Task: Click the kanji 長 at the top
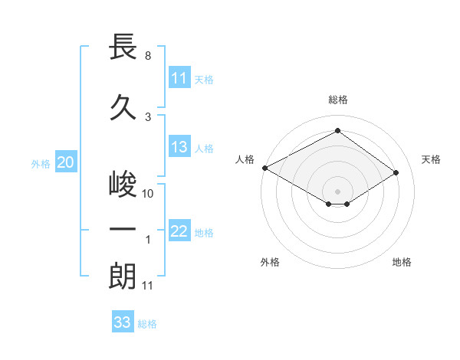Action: pyautogui.click(x=123, y=47)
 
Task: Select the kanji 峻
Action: pyautogui.click(x=123, y=185)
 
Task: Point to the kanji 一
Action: pyautogui.click(x=123, y=229)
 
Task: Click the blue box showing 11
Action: pyautogui.click(x=179, y=78)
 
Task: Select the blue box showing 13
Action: pyautogui.click(x=179, y=148)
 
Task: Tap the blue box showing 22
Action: pyautogui.click(x=179, y=232)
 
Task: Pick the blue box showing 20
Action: pyautogui.click(x=66, y=162)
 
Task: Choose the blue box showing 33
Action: pyautogui.click(x=123, y=322)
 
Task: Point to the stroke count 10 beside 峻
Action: pyautogui.click(x=148, y=194)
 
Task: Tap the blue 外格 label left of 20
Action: pyautogui.click(x=41, y=163)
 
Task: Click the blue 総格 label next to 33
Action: pyautogui.click(x=147, y=324)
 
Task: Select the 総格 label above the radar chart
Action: pyautogui.click(x=338, y=100)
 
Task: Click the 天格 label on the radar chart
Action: pyautogui.click(x=431, y=159)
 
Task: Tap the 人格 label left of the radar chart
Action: pyautogui.click(x=245, y=159)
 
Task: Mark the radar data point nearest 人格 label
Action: pyautogui.click(x=264, y=168)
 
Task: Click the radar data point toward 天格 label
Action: pyautogui.click(x=396, y=173)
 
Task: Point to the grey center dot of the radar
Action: pyautogui.click(x=338, y=190)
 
